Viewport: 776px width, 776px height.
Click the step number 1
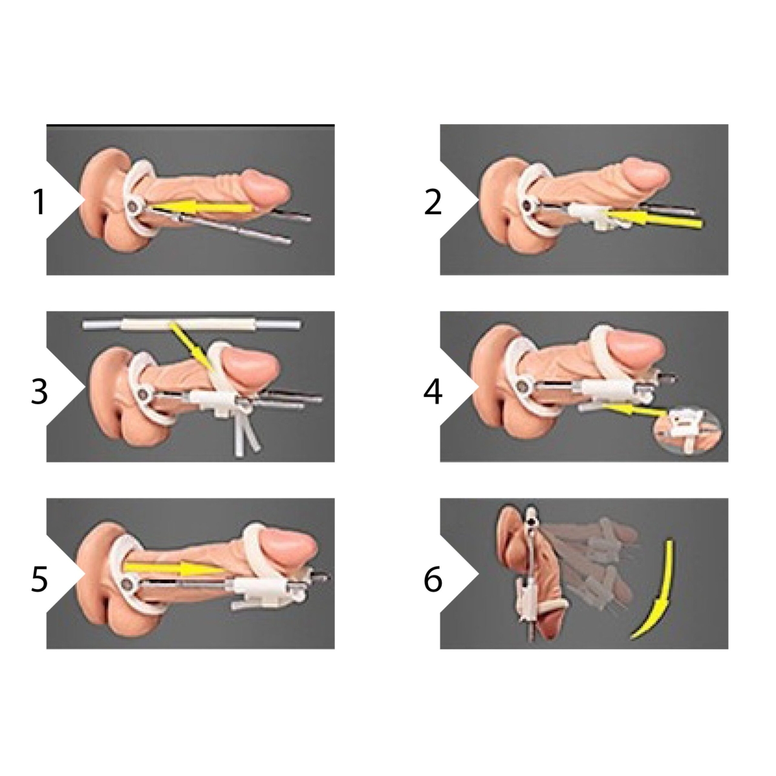point(39,202)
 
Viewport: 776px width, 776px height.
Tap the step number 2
point(433,202)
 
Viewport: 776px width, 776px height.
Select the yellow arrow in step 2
point(652,219)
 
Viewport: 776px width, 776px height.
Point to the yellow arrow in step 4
point(635,410)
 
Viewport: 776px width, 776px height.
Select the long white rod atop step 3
point(191,324)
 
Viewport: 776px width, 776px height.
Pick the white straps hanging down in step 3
point(245,433)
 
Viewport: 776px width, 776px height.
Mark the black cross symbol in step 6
point(531,521)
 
